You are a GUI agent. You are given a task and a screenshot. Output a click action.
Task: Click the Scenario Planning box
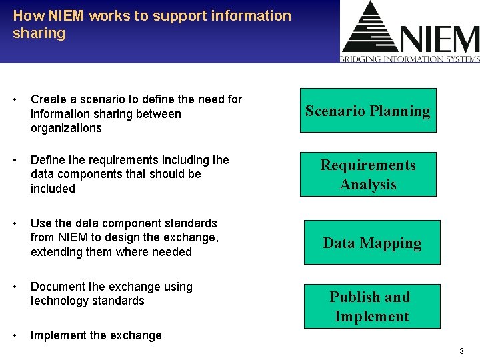pos(368,111)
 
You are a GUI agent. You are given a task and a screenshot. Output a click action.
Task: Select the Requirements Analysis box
pos(368,175)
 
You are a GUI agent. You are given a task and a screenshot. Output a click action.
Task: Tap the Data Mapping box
pos(372,243)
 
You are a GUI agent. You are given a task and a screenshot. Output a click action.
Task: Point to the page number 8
pos(461,351)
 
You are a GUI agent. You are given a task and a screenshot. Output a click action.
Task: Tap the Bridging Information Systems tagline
pos(410,59)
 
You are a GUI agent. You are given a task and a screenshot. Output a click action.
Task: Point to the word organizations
pos(66,128)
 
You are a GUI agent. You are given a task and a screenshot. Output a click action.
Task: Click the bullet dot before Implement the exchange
pos(16,335)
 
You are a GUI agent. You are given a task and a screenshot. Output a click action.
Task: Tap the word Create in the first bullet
pos(48,99)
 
